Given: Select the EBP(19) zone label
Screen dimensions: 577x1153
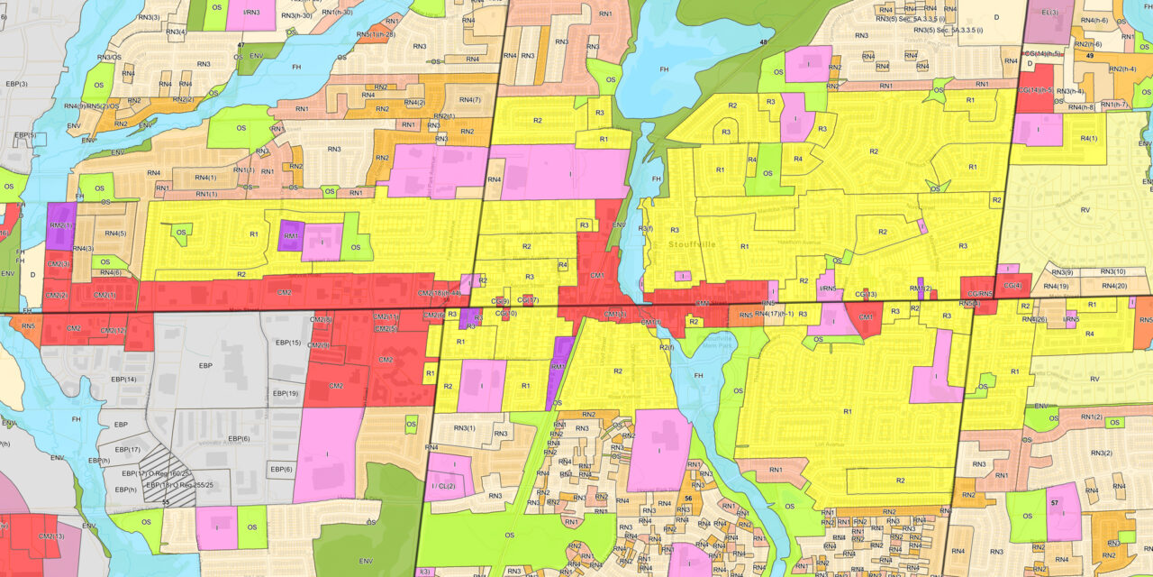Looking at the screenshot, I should (x=286, y=393).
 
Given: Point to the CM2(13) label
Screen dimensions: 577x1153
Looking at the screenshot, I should (x=51, y=536).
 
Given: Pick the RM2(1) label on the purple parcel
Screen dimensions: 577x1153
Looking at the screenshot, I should (x=61, y=225).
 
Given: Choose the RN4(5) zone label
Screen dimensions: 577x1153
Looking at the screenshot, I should (x=114, y=234).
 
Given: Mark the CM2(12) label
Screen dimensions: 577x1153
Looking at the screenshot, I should (x=113, y=331).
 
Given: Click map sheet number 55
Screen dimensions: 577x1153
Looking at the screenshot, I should (x=165, y=501).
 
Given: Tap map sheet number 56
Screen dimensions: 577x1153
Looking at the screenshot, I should (x=687, y=499).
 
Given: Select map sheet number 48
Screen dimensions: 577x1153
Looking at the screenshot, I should (x=764, y=42).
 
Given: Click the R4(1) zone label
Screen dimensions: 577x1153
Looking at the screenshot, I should (x=1088, y=138).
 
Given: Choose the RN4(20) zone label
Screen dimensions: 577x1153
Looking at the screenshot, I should (x=1114, y=286).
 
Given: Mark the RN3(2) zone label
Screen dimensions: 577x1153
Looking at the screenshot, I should (x=1102, y=453).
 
